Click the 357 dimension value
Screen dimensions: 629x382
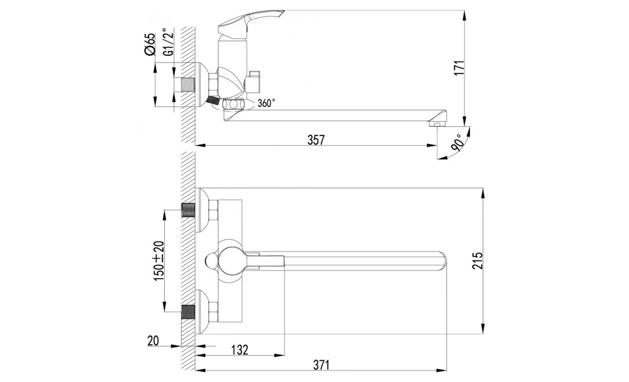click(316, 140)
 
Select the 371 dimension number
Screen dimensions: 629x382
click(321, 365)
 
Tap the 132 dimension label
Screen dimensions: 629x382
click(239, 350)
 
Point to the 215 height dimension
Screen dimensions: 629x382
click(477, 261)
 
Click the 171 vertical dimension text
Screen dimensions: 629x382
click(460, 68)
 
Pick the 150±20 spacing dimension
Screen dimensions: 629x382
click(159, 261)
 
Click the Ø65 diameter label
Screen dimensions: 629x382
click(150, 44)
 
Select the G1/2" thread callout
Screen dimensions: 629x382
click(168, 42)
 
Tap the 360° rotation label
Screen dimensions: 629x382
click(266, 103)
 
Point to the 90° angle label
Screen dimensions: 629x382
click(457, 143)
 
